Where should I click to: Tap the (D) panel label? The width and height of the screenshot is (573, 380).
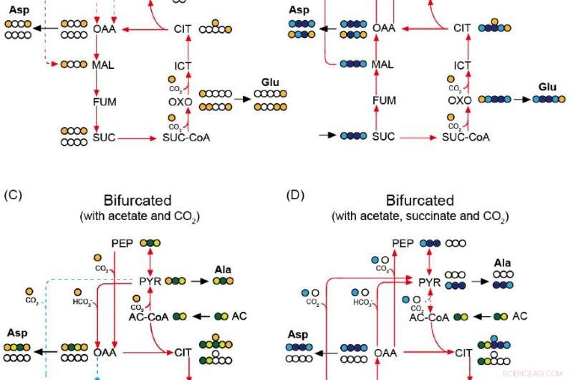click(294, 194)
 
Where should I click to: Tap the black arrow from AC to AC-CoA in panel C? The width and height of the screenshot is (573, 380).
click(202, 316)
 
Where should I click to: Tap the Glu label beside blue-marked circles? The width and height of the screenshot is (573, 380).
click(547, 87)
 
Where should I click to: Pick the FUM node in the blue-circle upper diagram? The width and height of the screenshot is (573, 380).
click(384, 101)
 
